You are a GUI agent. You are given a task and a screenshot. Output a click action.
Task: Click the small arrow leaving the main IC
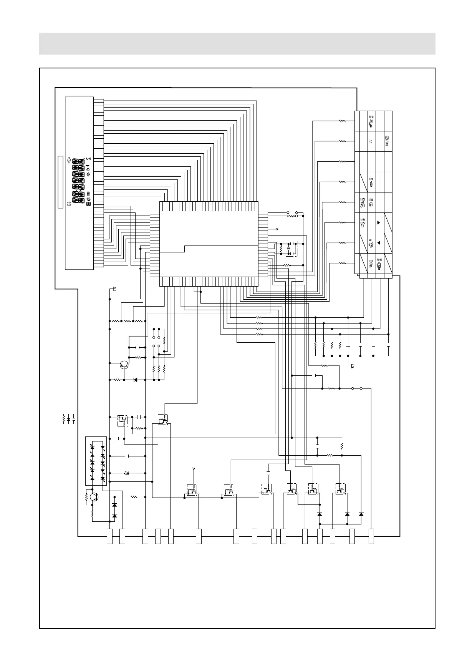coord(274,229)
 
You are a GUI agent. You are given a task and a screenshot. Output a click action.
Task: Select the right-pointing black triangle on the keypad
coord(379,222)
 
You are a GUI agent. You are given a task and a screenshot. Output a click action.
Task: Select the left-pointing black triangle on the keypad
coord(379,243)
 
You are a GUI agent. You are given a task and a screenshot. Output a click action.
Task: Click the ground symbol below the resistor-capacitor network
coord(352,365)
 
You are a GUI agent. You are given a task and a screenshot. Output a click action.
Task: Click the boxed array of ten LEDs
coord(96,461)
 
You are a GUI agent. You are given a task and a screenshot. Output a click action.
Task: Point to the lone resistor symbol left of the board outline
coord(64,419)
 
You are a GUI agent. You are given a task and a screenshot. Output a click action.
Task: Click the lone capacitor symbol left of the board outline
coord(73,419)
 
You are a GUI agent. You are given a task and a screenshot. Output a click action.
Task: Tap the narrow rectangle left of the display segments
coord(60,182)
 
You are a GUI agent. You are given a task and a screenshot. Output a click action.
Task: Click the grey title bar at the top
coord(237,43)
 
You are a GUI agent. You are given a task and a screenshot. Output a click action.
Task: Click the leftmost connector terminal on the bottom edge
coord(109,536)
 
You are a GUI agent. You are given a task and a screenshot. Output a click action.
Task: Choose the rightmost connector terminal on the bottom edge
coord(371,536)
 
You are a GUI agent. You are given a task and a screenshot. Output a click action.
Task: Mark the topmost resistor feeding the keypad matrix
coord(342,121)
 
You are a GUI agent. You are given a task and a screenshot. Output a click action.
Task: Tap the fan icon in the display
coord(89,200)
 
